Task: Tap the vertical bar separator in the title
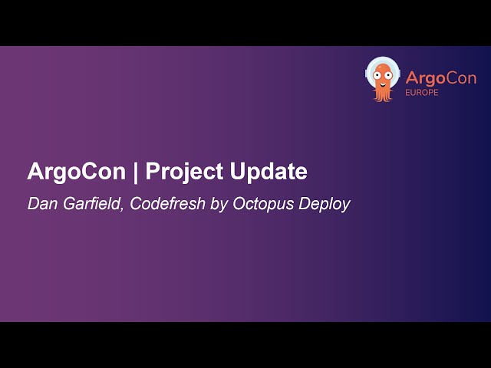point(135,172)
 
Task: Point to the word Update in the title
point(269,172)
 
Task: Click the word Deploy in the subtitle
point(321,205)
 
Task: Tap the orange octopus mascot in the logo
point(382,79)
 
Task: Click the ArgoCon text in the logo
point(440,78)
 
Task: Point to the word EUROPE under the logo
point(423,93)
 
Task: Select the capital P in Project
point(152,172)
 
